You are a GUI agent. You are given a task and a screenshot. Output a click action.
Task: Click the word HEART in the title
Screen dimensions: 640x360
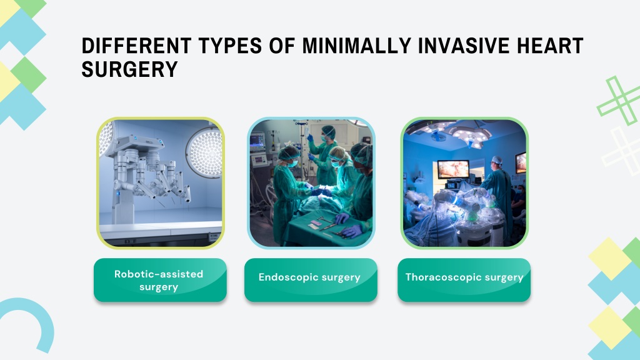(x=550, y=46)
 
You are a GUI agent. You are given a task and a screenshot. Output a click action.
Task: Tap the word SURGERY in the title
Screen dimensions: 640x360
(x=129, y=69)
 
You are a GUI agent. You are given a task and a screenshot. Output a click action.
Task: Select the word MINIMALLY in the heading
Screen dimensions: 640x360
(x=356, y=46)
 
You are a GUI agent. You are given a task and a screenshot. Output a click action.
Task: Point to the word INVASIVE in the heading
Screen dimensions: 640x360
(x=463, y=46)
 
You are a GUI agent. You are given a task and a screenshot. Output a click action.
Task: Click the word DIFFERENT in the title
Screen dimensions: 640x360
(x=136, y=46)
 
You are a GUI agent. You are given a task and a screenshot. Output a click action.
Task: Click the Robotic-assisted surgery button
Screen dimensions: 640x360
(x=160, y=280)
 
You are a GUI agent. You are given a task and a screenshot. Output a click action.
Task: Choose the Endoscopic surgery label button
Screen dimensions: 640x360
(x=311, y=280)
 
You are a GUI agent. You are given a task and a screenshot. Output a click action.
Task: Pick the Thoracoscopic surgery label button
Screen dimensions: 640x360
(x=464, y=280)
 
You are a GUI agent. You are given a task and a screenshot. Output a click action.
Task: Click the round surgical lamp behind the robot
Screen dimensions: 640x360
(x=204, y=152)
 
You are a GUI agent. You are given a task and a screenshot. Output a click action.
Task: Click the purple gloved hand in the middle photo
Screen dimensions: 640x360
(x=352, y=231)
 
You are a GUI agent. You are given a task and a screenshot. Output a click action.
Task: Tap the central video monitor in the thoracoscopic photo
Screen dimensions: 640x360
(x=453, y=169)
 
